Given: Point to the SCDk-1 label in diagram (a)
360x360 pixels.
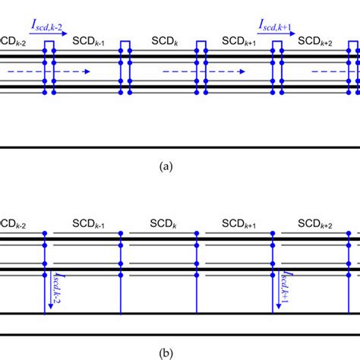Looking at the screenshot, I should tap(89, 39).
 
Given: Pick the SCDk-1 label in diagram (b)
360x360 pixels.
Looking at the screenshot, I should tap(89, 225).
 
